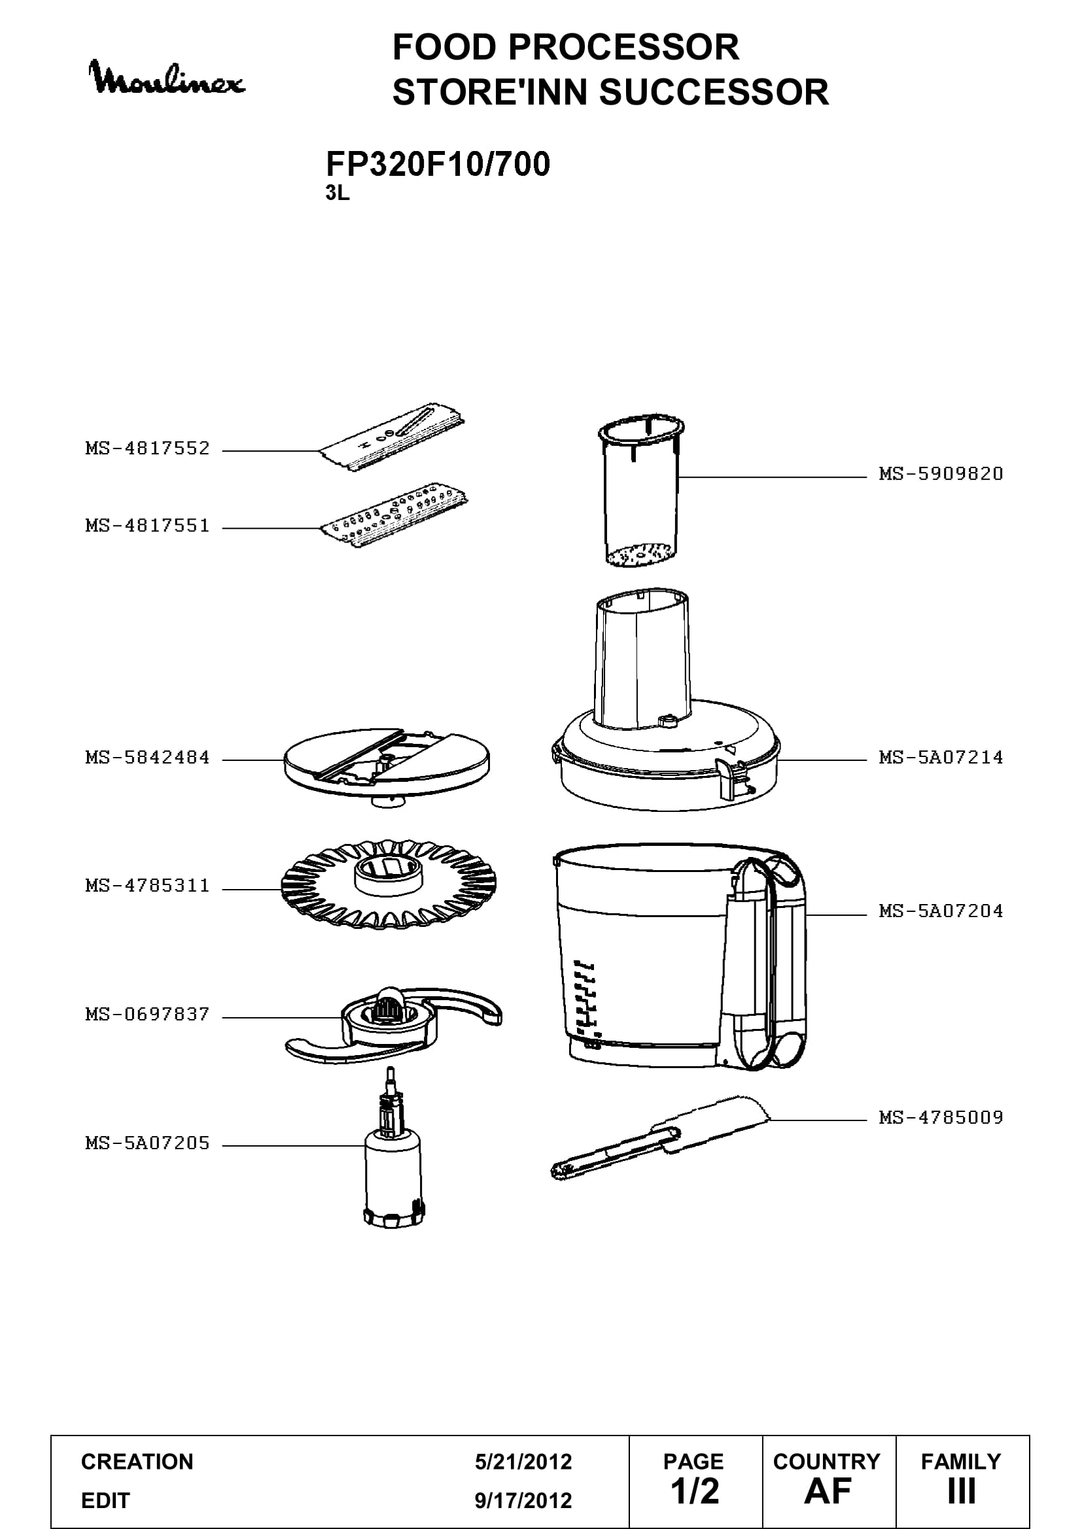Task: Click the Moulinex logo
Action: coord(167,78)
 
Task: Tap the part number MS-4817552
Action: coord(147,448)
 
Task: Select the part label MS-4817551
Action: coord(147,526)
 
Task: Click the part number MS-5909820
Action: coord(941,474)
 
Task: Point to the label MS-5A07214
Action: coord(941,757)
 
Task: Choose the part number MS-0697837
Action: coord(147,1015)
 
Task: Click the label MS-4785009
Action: coord(941,1117)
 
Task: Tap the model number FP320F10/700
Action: coord(438,165)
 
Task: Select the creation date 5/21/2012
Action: coord(523,1462)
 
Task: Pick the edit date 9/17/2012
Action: coord(523,1501)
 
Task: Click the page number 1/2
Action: coord(695,1491)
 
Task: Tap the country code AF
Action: coord(828,1491)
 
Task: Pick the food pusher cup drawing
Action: coord(642,492)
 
